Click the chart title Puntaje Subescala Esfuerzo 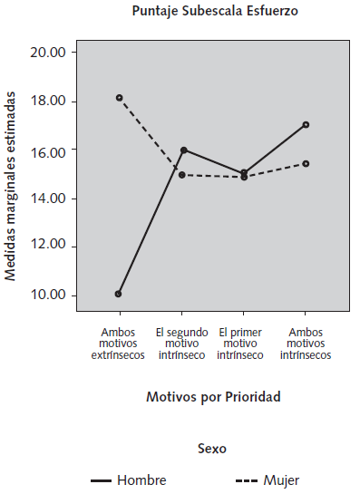(214, 12)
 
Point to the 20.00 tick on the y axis (48, 53)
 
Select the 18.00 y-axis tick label (48, 102)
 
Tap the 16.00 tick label (48, 150)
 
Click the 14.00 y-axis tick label (48, 199)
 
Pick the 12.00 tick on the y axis (48, 247)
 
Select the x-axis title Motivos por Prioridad (214, 397)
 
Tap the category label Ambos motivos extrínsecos (118, 344)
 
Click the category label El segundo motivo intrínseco (183, 344)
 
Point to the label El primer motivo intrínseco (243, 344)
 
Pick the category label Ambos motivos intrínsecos (305, 344)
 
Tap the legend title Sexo (212, 448)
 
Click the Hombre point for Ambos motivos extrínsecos (119, 294)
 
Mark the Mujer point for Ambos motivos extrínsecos (119, 98)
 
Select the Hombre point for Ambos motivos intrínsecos (306, 124)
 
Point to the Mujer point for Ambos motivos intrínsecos (306, 163)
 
